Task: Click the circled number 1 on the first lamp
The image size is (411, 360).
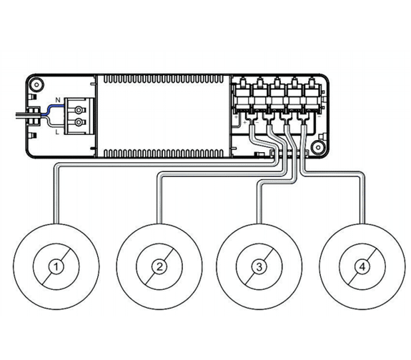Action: [x=56, y=266]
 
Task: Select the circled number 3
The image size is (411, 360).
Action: [x=259, y=266]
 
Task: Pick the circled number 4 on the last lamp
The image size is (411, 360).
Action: [x=362, y=266]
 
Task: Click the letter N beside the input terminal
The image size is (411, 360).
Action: [x=58, y=100]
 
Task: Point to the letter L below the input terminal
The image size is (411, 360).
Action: [x=57, y=132]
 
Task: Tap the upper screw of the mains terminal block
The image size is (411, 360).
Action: [x=79, y=110]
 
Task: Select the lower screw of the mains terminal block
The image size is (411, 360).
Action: [x=79, y=122]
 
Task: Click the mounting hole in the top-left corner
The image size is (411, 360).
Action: [x=36, y=84]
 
